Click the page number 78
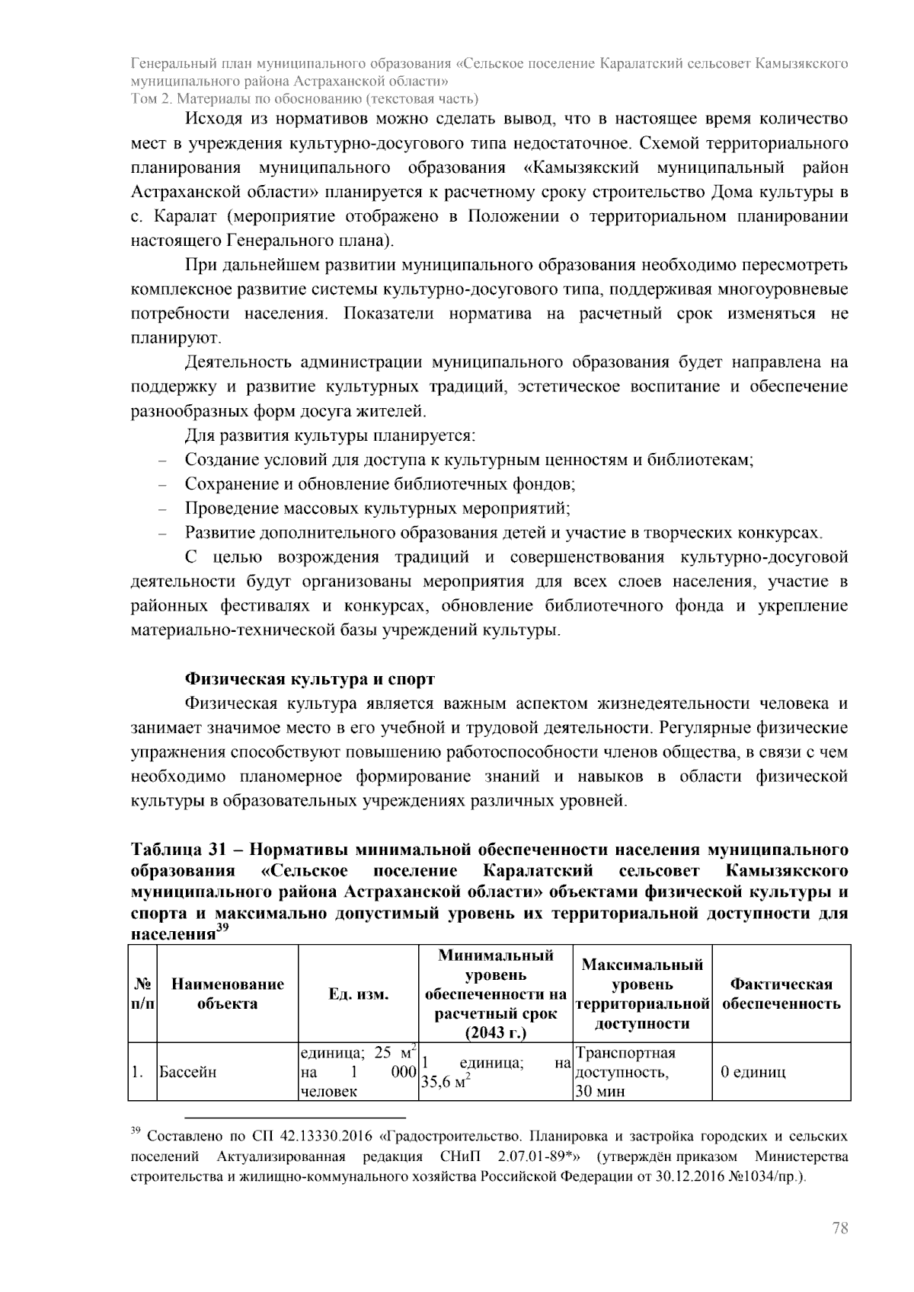click(840, 1228)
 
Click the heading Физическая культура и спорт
click(310, 678)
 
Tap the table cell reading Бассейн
click(187, 1072)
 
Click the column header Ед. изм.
click(358, 994)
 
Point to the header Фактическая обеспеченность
click(781, 994)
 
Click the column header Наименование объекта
click(227, 994)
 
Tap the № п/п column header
click(142, 994)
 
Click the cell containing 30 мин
click(600, 1092)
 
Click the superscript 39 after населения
click(222, 927)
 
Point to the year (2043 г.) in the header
click(495, 1033)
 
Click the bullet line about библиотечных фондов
click(379, 484)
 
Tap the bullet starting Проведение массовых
click(377, 508)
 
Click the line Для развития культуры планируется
click(330, 436)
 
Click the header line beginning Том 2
click(305, 98)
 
